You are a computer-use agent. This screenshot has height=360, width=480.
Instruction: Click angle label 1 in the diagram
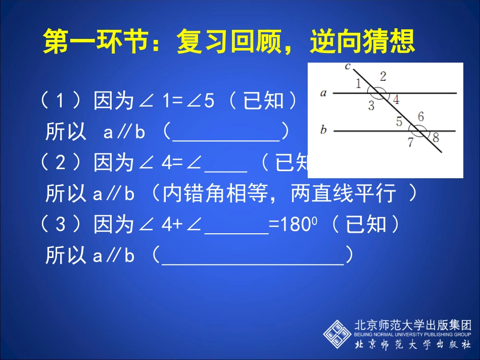pyautogui.click(x=358, y=84)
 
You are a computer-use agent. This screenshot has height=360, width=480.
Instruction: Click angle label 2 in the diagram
pyautogui.click(x=383, y=76)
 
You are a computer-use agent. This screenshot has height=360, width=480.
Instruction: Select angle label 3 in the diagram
pyautogui.click(x=371, y=106)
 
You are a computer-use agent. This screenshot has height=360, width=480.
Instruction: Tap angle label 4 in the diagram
pyautogui.click(x=396, y=100)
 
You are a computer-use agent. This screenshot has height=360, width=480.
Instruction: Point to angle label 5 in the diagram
pyautogui.click(x=399, y=122)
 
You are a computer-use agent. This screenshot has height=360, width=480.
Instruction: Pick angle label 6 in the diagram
pyautogui.click(x=420, y=117)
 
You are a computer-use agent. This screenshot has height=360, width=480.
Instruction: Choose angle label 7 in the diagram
pyautogui.click(x=411, y=143)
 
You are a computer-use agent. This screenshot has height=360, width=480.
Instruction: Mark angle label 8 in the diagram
pyautogui.click(x=436, y=137)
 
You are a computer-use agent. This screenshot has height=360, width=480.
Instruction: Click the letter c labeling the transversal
pyautogui.click(x=347, y=66)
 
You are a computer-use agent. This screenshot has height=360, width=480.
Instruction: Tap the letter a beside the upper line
pyautogui.click(x=323, y=93)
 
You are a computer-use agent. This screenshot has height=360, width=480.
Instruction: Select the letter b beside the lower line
pyautogui.click(x=323, y=130)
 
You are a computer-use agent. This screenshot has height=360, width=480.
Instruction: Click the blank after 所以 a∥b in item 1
pyautogui.click(x=226, y=133)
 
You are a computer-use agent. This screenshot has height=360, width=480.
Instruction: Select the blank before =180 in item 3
pyautogui.click(x=236, y=225)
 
